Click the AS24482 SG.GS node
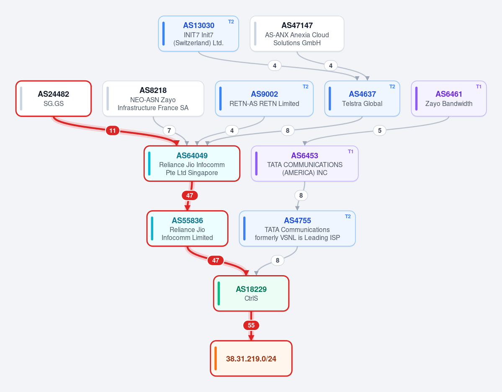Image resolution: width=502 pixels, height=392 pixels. click(54, 99)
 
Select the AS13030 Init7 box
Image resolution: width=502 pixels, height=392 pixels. click(198, 34)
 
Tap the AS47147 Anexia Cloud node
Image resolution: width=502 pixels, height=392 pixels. click(297, 34)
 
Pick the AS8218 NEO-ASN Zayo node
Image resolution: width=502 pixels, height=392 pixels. click(153, 99)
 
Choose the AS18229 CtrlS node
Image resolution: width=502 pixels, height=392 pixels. click(251, 293)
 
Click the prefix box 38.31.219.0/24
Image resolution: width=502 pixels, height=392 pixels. click(251, 358)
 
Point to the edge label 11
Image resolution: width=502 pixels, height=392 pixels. click(112, 131)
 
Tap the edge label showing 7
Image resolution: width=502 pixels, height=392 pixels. click(169, 131)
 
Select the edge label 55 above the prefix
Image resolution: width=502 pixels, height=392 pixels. click(251, 325)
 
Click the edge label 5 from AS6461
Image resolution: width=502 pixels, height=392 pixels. click(380, 131)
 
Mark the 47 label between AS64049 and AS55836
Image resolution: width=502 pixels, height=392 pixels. click(190, 195)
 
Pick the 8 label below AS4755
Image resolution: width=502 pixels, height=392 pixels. click(278, 260)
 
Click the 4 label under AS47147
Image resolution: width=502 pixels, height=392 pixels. click(331, 66)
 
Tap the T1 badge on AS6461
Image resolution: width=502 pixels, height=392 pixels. click(479, 86)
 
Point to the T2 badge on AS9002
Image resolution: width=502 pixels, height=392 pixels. click(305, 86)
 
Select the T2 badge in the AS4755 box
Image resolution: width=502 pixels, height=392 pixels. click(348, 217)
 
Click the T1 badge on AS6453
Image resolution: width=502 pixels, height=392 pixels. click(350, 152)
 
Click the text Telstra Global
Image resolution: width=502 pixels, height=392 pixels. click(362, 103)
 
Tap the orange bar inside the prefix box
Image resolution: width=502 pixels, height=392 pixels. click(216, 358)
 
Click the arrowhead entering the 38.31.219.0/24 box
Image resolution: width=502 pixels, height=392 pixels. click(251, 338)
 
